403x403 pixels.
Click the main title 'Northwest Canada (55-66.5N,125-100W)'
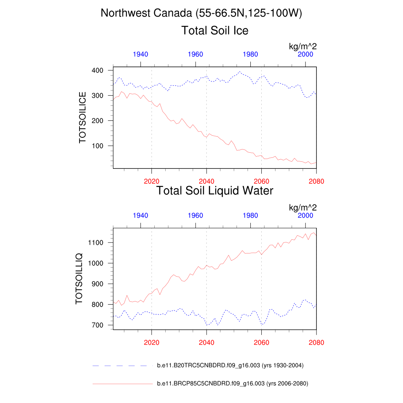[201, 13]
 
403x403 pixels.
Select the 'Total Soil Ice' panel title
[214, 30]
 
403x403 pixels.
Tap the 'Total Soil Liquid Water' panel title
[214, 191]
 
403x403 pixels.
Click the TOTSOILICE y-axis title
[83, 117]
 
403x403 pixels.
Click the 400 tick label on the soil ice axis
[98, 70]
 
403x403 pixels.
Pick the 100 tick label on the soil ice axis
[98, 146]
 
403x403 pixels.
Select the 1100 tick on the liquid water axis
[96, 243]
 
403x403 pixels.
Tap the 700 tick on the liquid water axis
[98, 325]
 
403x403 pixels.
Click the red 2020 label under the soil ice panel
[152, 181]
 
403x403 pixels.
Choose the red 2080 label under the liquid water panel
[316, 343]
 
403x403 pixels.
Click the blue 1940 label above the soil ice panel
[140, 54]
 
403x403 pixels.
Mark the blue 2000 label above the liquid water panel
[305, 216]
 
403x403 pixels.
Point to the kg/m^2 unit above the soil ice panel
[303, 46]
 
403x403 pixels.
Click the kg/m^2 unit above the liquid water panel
[303, 207]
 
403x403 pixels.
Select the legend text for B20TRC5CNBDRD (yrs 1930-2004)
[230, 366]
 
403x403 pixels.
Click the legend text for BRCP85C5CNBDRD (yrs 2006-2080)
[232, 383]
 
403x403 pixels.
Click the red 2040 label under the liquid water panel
[207, 343]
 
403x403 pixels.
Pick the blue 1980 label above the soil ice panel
[251, 54]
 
